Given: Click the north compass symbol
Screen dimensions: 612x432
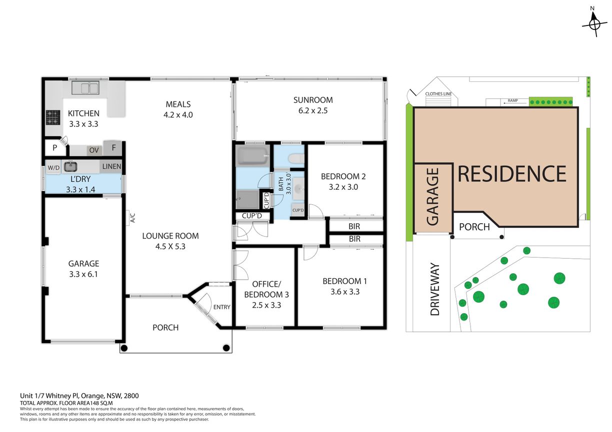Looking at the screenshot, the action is tap(594, 24).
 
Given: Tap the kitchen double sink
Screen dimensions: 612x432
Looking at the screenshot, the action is tap(85, 88).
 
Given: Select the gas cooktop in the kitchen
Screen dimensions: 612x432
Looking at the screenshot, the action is tap(52, 117).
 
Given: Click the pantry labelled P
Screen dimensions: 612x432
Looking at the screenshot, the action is tap(55, 148).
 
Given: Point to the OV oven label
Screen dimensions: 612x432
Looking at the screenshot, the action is tap(94, 150).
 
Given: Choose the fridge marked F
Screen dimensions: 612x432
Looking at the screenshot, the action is tap(113, 148).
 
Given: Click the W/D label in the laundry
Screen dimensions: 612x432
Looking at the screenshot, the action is tap(53, 168).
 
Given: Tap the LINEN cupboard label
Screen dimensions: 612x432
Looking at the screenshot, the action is tap(111, 166).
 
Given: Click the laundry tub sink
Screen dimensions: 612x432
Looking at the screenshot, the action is tap(70, 166).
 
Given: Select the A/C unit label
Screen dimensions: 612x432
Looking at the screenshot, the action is tap(133, 218).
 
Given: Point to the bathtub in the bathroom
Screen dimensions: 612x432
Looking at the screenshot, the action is tap(252, 155).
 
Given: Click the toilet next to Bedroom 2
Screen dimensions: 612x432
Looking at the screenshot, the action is tap(296, 158).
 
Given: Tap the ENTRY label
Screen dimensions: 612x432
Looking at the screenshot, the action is tap(221, 307).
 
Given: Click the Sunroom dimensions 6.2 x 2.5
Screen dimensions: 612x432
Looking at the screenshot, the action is tap(313, 110).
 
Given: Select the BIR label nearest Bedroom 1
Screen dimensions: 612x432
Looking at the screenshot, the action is tap(354, 239).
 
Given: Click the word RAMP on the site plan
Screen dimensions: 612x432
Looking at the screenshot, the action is tap(513, 100).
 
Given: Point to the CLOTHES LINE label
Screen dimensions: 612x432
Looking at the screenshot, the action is tap(438, 93).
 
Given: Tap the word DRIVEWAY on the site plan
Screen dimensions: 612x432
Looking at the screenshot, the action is tap(435, 289).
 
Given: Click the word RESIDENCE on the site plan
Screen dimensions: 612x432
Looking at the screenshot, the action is tap(511, 174).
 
